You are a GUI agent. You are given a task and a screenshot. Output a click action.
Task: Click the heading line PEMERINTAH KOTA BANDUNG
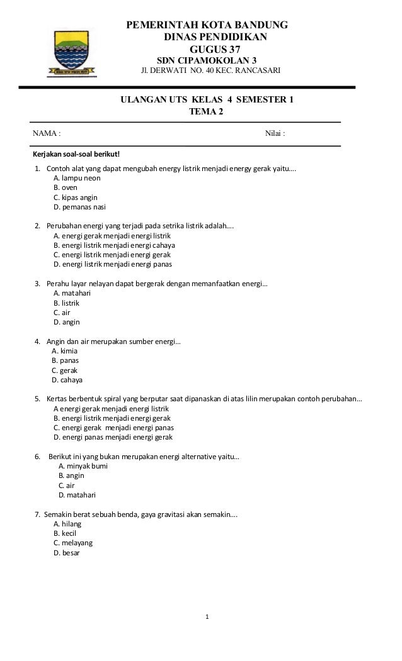pos(208,26)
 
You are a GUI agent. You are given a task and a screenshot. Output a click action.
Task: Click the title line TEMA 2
pos(206,112)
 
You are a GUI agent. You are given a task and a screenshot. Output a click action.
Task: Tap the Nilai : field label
pos(275,134)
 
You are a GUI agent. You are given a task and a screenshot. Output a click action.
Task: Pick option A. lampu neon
pos(77,178)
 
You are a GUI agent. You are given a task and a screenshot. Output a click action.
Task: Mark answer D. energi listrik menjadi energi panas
pos(113,265)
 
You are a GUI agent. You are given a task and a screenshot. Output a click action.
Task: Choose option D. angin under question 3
pos(67,322)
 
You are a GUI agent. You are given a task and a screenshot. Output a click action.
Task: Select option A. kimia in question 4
pos(64,351)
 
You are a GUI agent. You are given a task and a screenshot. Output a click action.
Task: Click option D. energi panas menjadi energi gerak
pos(113,437)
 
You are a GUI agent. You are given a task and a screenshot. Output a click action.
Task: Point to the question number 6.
pos(38,457)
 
